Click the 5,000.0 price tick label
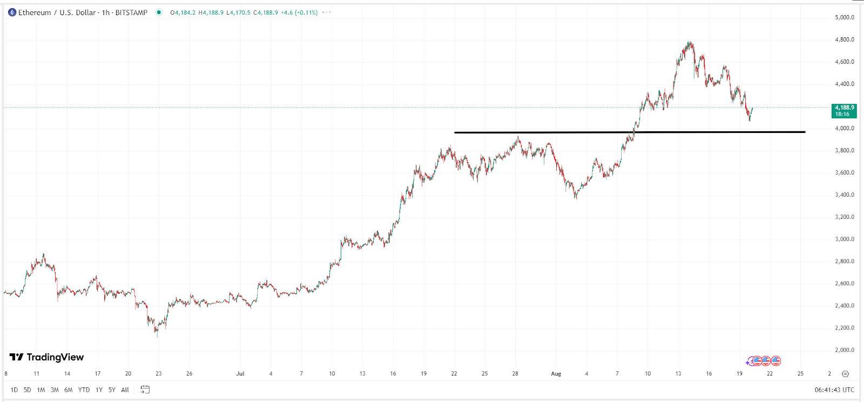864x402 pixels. point(844,17)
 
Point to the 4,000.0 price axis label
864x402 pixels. point(844,128)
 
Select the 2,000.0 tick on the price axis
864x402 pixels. point(844,350)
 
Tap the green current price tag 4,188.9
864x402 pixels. point(844,111)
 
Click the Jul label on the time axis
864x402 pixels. point(240,373)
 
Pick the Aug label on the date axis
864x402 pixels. point(556,373)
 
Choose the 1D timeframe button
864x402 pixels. point(14,390)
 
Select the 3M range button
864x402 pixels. point(55,390)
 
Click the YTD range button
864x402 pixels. point(84,390)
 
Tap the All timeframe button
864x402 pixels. point(125,390)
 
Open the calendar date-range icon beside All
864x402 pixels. point(145,390)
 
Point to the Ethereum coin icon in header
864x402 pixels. point(12,12)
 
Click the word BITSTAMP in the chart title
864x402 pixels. point(131,12)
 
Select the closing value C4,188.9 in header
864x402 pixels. point(266,12)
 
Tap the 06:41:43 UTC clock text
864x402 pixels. point(834,390)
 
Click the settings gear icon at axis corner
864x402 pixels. point(846,373)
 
